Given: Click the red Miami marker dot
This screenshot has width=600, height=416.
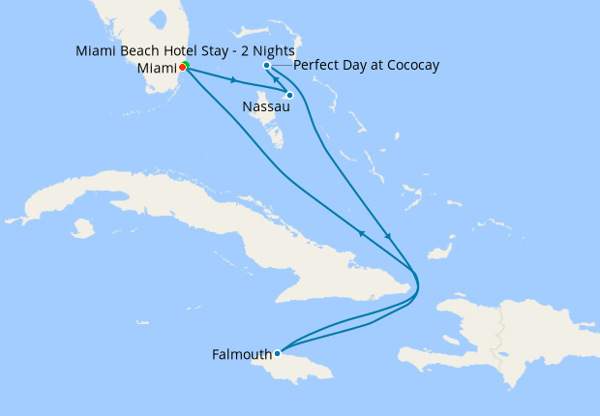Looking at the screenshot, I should click(183, 68).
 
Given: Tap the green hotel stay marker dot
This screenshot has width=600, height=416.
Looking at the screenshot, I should click(186, 65).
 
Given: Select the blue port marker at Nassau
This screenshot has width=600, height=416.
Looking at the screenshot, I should click(289, 95).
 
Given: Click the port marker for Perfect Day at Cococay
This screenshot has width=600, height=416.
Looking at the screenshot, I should click(267, 66).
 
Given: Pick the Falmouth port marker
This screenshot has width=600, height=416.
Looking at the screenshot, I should click(277, 353).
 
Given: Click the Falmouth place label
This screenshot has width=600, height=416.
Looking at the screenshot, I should click(242, 355).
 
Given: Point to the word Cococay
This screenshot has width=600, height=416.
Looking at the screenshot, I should click(410, 66).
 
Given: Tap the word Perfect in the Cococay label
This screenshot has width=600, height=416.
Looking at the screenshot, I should click(316, 66).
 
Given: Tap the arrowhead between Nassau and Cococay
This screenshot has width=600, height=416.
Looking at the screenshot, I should click(277, 81).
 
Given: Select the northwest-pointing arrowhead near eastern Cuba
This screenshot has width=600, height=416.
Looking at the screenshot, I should click(362, 233).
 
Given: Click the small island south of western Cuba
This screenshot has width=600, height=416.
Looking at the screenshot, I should click(82, 229).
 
